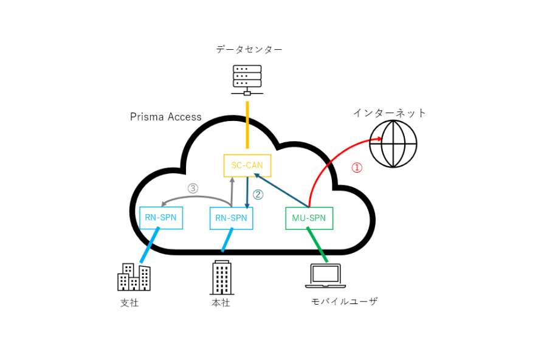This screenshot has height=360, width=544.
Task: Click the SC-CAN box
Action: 247,165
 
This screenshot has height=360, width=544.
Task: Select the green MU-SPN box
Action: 309,218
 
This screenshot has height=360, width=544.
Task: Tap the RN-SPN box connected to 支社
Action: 161,217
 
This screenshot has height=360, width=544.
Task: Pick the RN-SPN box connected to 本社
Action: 231,218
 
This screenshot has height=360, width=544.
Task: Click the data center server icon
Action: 247,80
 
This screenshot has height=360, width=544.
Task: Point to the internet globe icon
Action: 393,144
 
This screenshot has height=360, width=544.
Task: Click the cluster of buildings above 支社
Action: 134,277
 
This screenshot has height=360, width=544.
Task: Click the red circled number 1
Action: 357,168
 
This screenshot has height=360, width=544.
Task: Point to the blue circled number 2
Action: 258,195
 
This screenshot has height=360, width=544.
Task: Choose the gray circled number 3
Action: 193,189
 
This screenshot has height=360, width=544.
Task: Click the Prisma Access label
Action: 165,117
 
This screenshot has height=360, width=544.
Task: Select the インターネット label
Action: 390,113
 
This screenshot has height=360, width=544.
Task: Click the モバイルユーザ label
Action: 344,301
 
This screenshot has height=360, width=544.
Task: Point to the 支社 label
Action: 129,302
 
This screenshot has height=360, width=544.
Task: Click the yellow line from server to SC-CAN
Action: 247,125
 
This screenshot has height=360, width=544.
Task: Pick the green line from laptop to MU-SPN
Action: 317,244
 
